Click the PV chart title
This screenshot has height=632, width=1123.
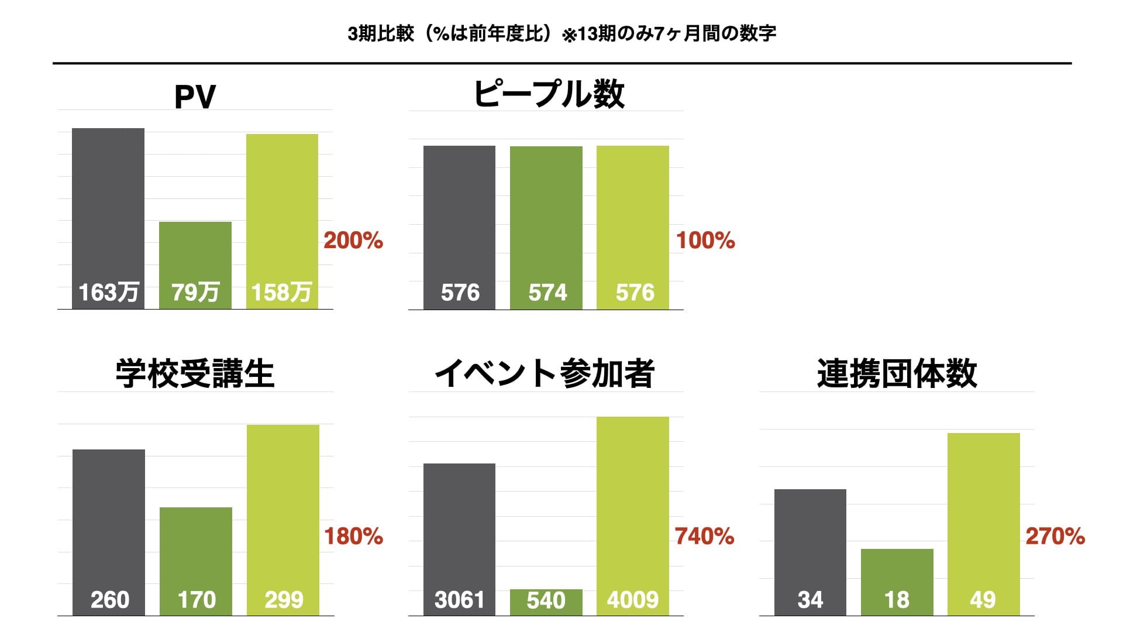tap(195, 97)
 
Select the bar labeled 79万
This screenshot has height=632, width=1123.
tap(195, 265)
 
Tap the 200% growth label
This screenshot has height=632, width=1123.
tap(353, 240)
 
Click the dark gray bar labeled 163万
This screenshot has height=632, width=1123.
tap(108, 218)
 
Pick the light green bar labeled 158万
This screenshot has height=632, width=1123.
tap(282, 221)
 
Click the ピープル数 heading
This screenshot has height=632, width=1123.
tap(549, 94)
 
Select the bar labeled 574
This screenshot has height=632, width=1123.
tap(546, 228)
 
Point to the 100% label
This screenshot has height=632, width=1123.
tap(705, 240)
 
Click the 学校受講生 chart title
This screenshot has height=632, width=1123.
tap(195, 373)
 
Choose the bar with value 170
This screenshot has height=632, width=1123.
tap(196, 561)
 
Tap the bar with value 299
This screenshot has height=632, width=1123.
tap(283, 520)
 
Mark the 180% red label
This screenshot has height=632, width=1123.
tap(353, 536)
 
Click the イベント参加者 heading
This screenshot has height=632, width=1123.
tap(544, 373)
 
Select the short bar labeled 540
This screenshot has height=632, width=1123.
tap(546, 602)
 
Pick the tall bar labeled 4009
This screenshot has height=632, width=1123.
tap(633, 516)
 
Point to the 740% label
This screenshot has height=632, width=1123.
tap(704, 536)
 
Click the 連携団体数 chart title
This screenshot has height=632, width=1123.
tap(897, 373)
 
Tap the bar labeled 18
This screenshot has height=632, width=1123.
tap(897, 582)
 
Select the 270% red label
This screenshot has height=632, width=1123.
tap(1055, 536)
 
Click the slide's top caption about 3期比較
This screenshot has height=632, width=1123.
tap(561, 33)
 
